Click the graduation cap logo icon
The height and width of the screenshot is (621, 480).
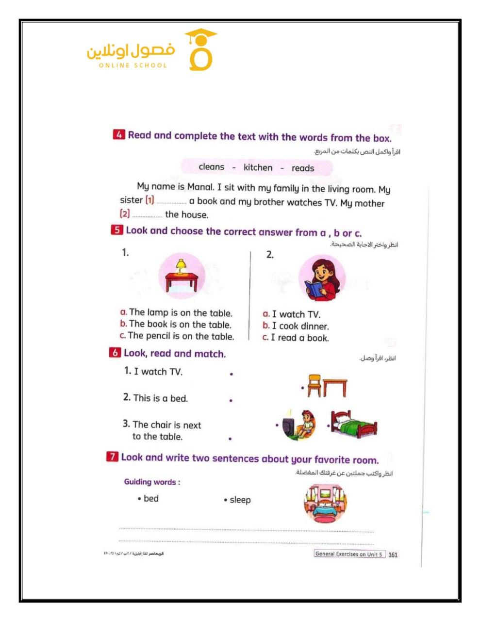point(200,49)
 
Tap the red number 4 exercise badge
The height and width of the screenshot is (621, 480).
point(119,135)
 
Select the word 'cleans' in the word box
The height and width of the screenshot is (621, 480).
point(212,167)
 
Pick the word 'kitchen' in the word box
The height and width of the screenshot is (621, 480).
point(258,168)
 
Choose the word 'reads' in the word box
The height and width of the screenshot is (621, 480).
point(303,168)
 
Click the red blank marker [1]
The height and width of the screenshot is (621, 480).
point(149,200)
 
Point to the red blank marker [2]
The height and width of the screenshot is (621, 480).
point(125,213)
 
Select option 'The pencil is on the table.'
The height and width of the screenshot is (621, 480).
point(181,336)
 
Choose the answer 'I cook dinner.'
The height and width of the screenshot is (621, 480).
point(300,327)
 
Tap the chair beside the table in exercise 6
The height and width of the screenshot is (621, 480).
point(314,385)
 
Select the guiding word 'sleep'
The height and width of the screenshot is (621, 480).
point(240,500)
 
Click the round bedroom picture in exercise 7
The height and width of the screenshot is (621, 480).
point(325,503)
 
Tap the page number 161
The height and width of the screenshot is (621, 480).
point(393,555)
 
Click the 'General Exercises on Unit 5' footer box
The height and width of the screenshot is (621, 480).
point(349,554)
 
